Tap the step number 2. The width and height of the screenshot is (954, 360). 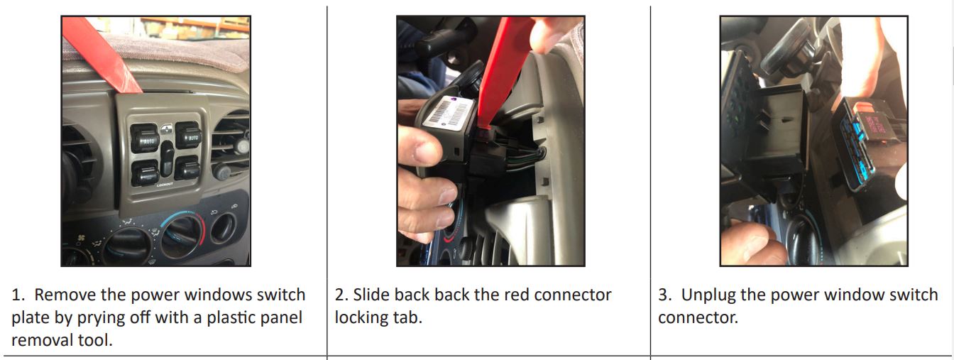coord(341,295)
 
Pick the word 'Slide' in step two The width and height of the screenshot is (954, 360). coord(371,295)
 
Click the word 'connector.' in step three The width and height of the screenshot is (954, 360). coord(698,317)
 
